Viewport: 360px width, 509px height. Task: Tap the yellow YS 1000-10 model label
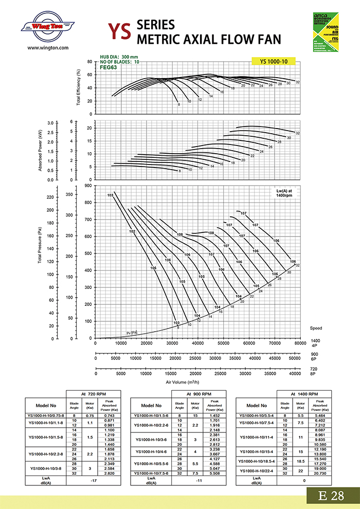(274, 61)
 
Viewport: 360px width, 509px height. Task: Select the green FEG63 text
(109, 67)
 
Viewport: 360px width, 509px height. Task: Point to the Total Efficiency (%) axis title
(79, 88)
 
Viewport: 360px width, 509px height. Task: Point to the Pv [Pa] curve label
(133, 333)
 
